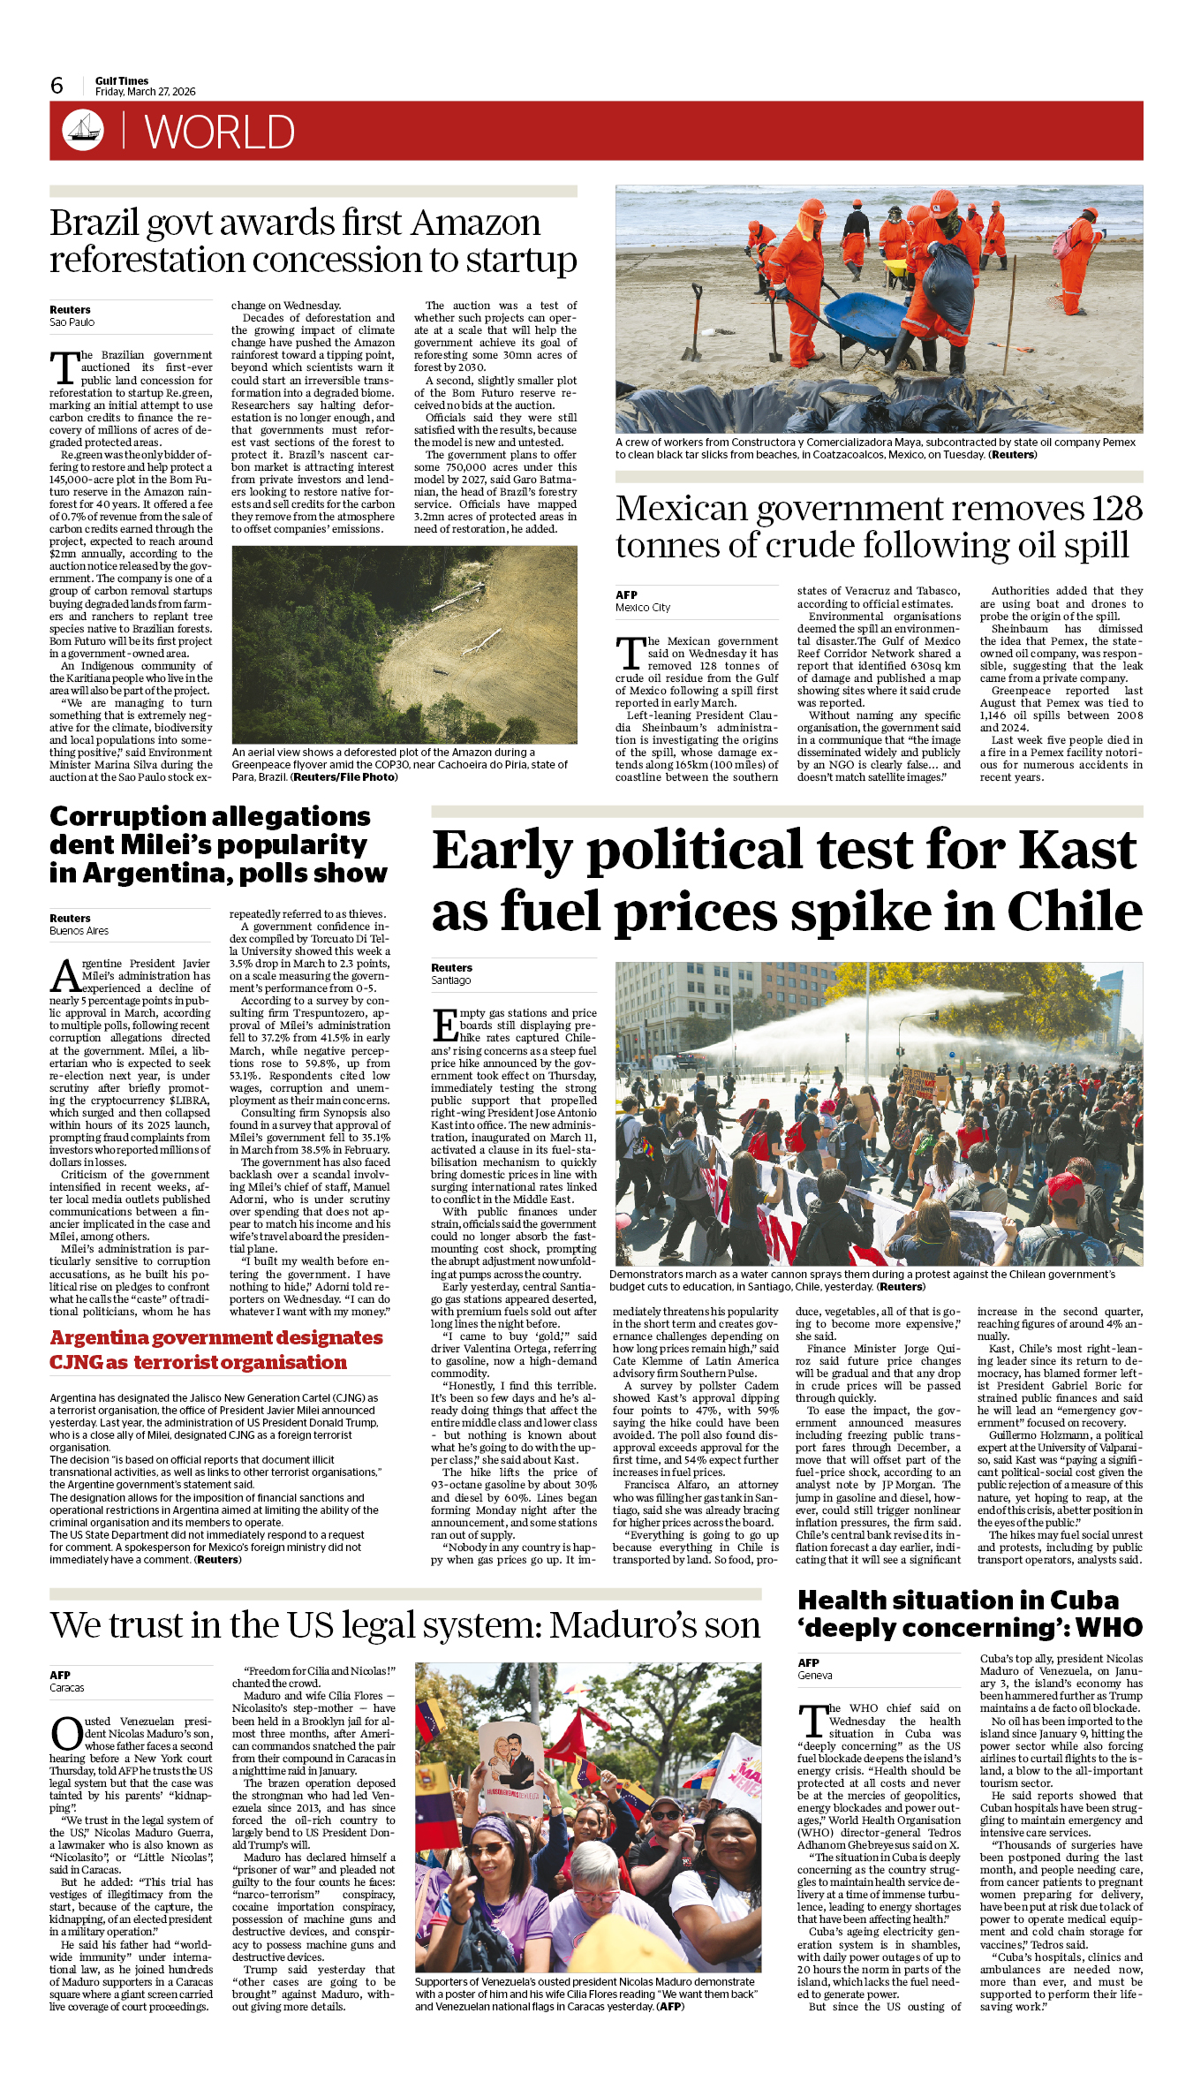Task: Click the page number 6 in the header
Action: [x=57, y=86]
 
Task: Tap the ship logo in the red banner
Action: [x=82, y=130]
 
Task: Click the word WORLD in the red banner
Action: [x=219, y=132]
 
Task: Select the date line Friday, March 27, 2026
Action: [x=146, y=92]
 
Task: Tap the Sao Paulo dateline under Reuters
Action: [x=72, y=322]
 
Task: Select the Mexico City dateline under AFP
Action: [x=643, y=608]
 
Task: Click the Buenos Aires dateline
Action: [x=79, y=931]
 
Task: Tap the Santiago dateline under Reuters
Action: [x=451, y=980]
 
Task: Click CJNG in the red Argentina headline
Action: [x=76, y=1362]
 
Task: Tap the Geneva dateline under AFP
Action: [x=815, y=1676]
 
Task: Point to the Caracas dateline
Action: [x=67, y=1688]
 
